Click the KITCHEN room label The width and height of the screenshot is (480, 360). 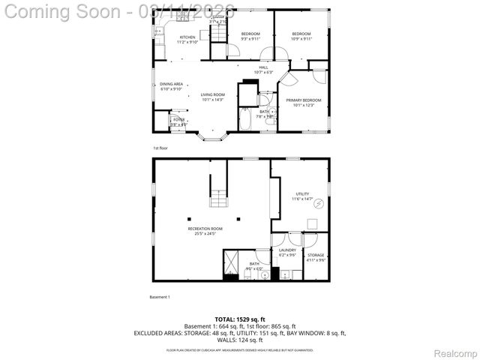click(187, 37)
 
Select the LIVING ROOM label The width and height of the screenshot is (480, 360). click(212, 94)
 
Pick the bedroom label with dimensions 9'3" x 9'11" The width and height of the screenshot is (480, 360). click(250, 34)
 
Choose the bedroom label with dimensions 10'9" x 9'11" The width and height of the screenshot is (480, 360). click(301, 34)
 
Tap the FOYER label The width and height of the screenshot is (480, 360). click(178, 120)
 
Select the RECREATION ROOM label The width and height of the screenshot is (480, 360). click(205, 229)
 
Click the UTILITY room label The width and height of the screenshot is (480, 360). click(302, 194)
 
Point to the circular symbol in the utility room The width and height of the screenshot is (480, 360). click(317, 203)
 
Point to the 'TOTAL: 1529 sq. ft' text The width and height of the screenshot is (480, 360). click(239, 319)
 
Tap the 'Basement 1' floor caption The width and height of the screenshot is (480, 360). click(160, 297)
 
